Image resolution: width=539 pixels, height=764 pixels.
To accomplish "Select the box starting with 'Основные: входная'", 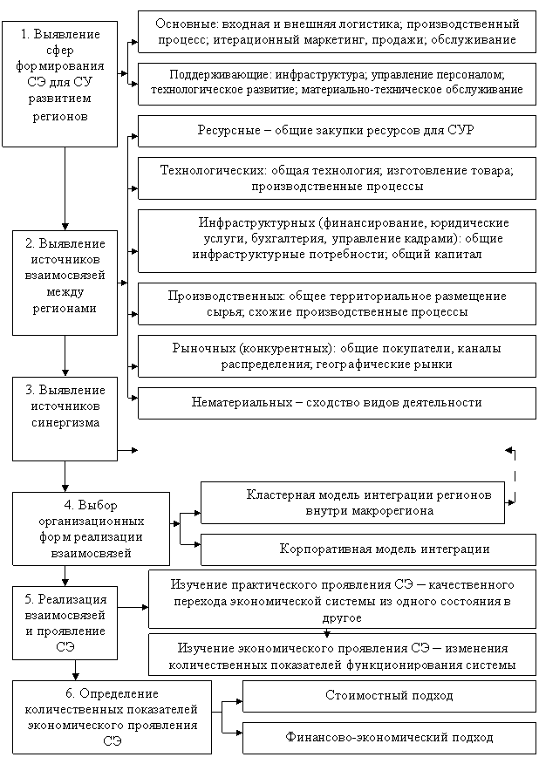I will [337, 32].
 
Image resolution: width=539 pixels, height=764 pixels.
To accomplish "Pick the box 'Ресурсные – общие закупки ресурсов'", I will [337, 131].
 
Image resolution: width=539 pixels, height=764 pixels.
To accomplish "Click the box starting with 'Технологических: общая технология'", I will [337, 178].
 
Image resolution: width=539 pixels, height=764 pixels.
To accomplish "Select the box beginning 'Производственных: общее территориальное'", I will [337, 304].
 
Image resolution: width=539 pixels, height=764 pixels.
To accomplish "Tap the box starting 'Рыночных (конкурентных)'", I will [337, 357].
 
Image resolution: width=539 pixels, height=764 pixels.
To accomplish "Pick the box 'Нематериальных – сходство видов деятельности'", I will [337, 403].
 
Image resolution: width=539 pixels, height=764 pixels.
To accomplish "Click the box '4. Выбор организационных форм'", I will [91, 529].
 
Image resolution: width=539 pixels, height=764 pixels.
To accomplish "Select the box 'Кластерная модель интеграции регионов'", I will [352, 502].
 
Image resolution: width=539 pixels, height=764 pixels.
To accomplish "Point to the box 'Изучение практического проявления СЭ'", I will [342, 600].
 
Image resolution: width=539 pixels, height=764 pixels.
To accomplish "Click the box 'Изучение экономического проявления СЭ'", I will [342, 656].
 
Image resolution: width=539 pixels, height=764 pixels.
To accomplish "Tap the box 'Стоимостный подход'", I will [389, 696].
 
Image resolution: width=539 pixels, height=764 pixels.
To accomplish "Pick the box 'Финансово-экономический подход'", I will [389, 738].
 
